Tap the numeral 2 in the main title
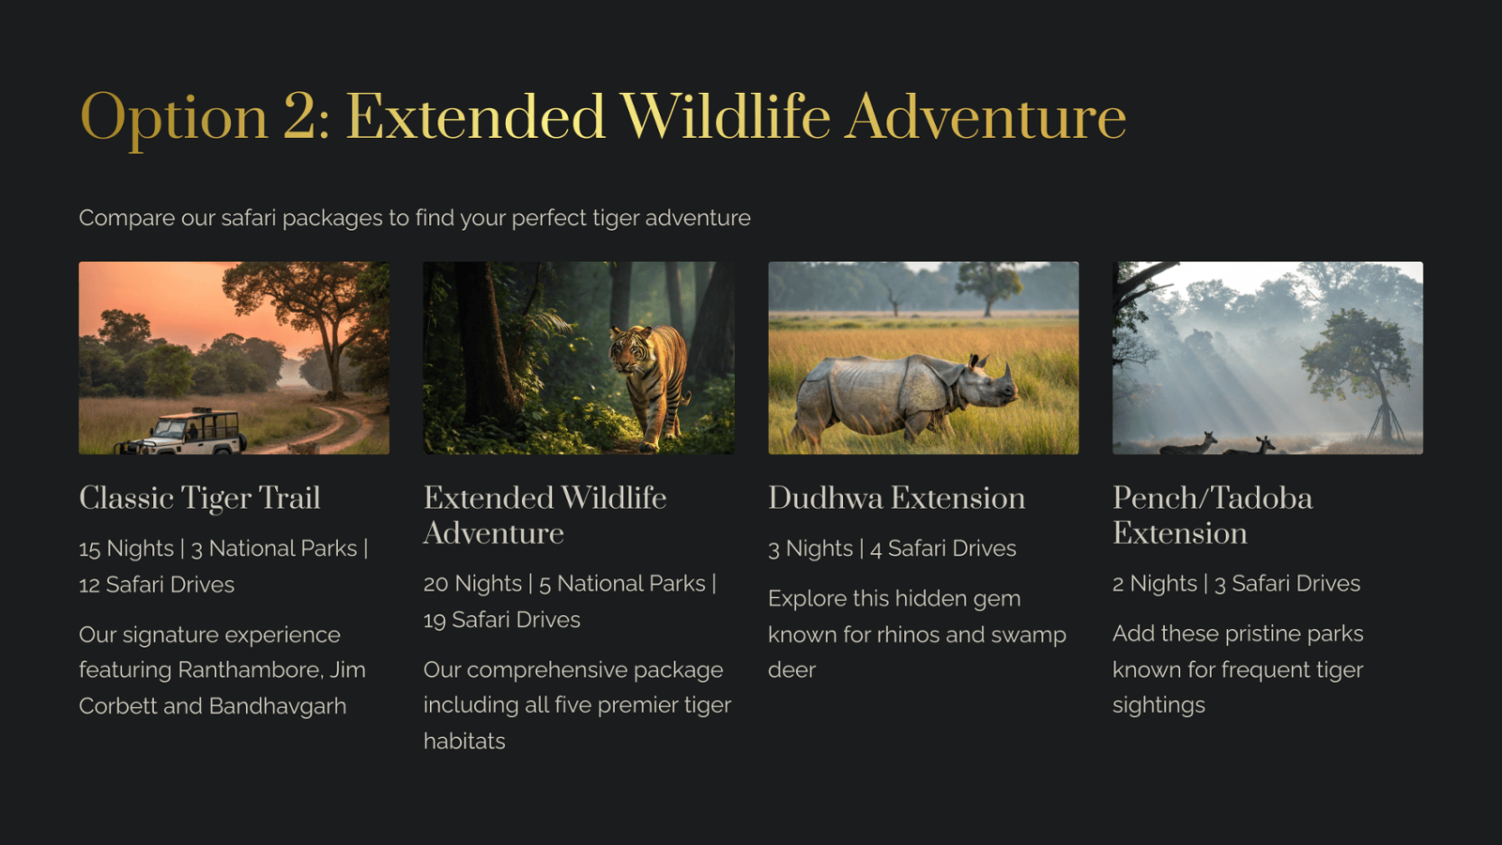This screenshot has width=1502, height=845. (x=299, y=116)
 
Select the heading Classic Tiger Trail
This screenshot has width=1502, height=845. (x=200, y=499)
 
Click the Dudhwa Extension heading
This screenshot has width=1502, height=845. (x=897, y=499)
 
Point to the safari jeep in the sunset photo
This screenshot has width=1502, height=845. (x=181, y=433)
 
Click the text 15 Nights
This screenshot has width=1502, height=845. (x=126, y=548)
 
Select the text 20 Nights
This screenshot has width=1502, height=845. (x=473, y=584)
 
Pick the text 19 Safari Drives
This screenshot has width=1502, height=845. (x=502, y=620)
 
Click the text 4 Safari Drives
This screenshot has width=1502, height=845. (x=943, y=548)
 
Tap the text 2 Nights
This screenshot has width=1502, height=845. (x=1155, y=584)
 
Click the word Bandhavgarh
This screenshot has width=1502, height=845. (x=278, y=707)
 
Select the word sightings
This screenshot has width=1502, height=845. (x=1158, y=706)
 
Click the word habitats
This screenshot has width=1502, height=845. (x=464, y=741)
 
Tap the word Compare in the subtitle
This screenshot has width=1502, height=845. (x=128, y=219)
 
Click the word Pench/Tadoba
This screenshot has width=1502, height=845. (x=1212, y=499)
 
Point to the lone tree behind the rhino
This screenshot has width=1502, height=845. (x=988, y=287)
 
